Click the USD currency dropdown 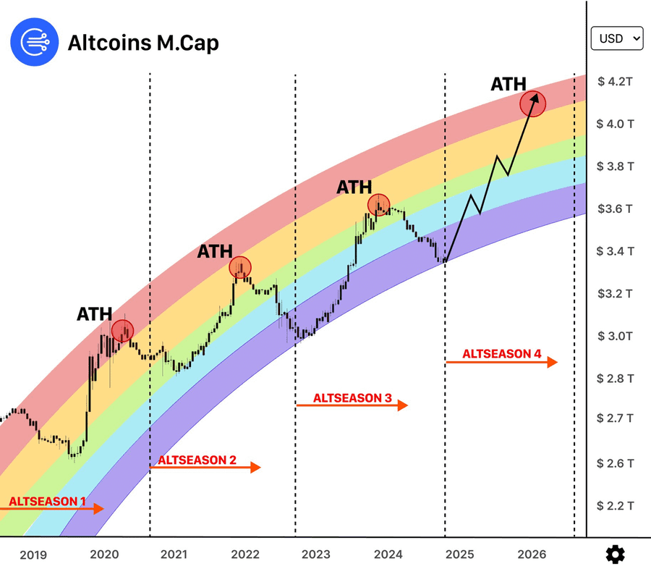pyautogui.click(x=616, y=38)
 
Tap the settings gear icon pyautogui.click(x=615, y=555)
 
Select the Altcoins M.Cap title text pyautogui.click(x=143, y=43)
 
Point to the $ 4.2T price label pyautogui.click(x=615, y=81)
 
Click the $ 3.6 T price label pyautogui.click(x=615, y=208)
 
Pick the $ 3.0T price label pyautogui.click(x=615, y=336)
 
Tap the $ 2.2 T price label pyautogui.click(x=615, y=505)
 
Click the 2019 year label pyautogui.click(x=33, y=555)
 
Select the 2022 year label pyautogui.click(x=245, y=555)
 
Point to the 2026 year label pyautogui.click(x=532, y=555)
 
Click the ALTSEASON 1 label pyautogui.click(x=48, y=500)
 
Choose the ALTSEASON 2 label pyautogui.click(x=197, y=460)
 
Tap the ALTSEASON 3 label pyautogui.click(x=352, y=398)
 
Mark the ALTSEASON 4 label pyautogui.click(x=502, y=354)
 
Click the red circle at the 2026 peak pyautogui.click(x=531, y=104)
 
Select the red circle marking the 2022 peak pyautogui.click(x=240, y=268)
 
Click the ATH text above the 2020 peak pyautogui.click(x=95, y=314)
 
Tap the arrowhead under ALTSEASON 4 pyautogui.click(x=552, y=362)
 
